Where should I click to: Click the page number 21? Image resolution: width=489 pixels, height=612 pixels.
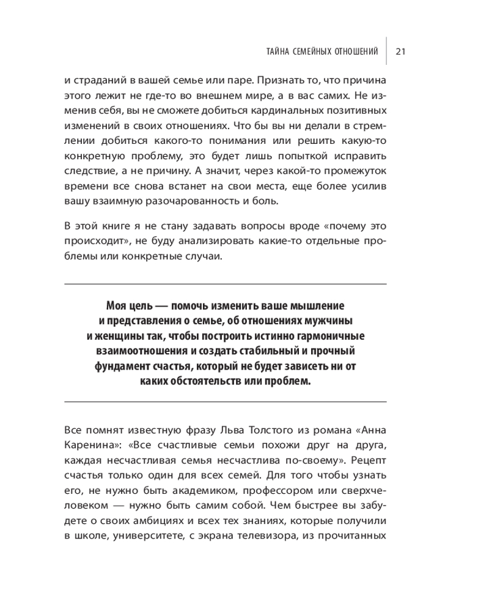tap(401, 51)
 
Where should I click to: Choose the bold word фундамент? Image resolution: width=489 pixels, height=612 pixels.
tap(120, 367)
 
